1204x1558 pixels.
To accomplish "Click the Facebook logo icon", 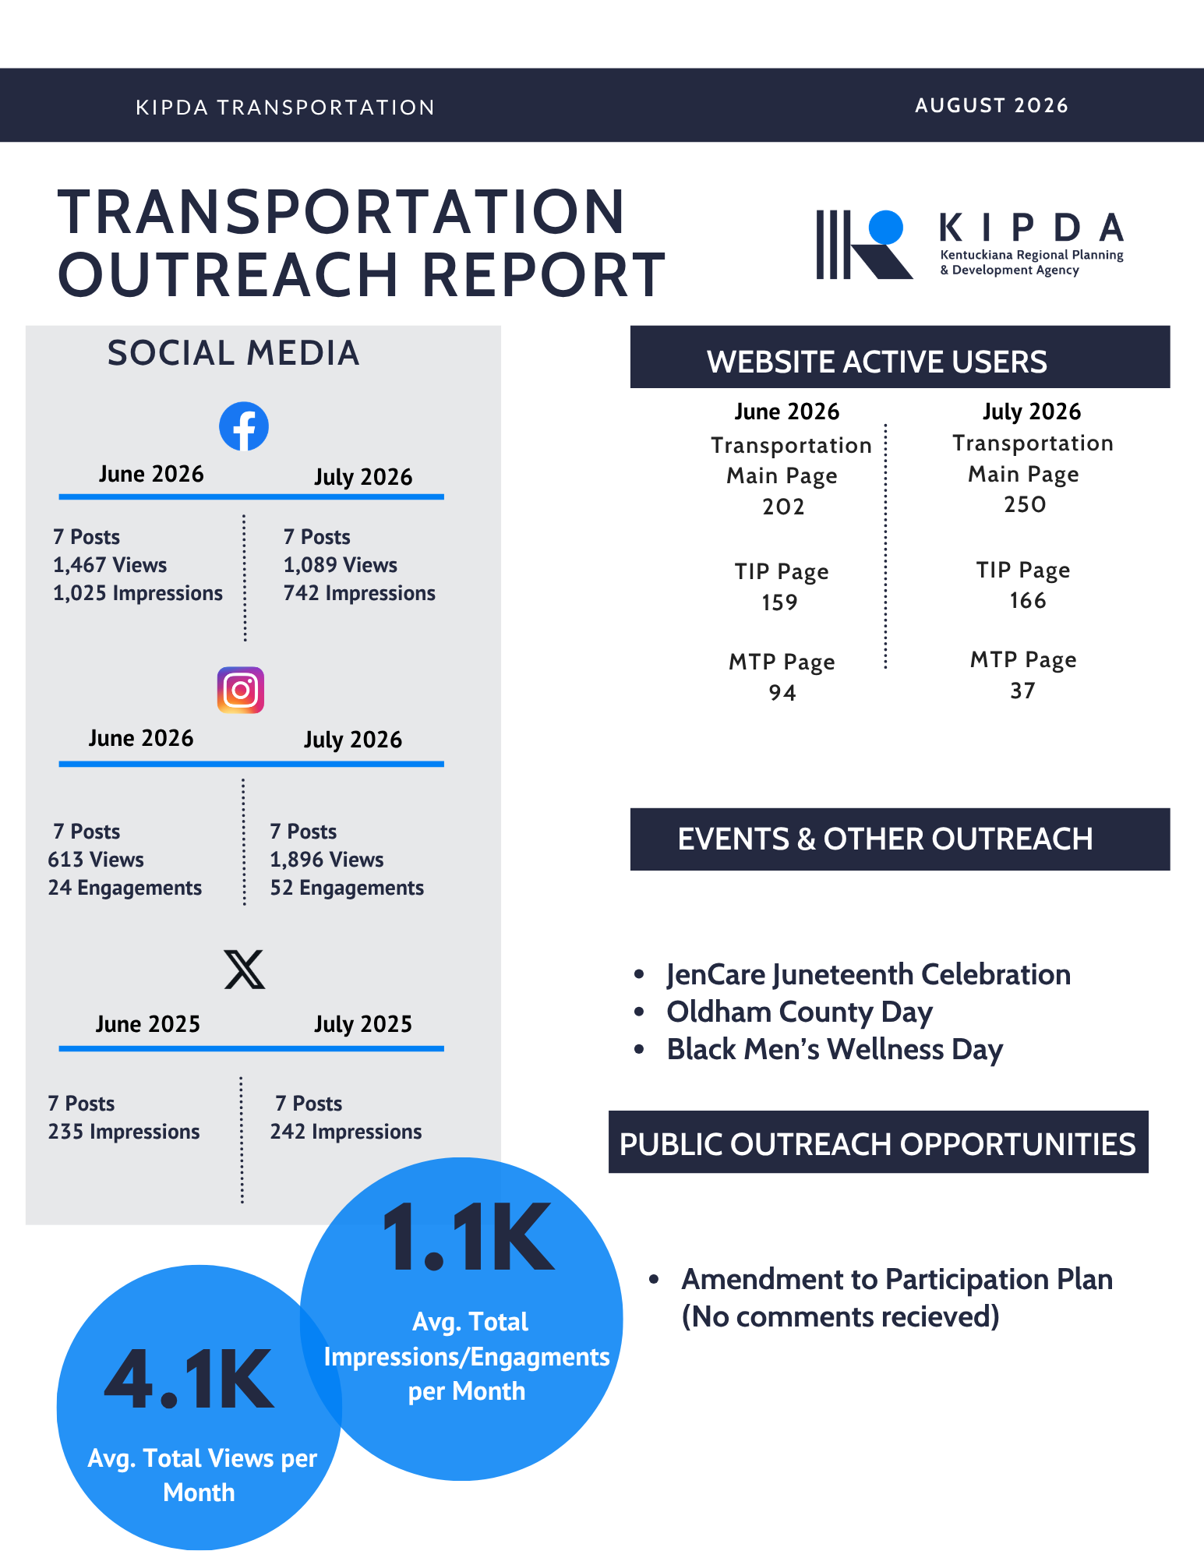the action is coord(244,426).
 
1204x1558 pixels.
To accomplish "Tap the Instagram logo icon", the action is coord(241,690).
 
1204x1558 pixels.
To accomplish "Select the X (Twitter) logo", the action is coord(245,969).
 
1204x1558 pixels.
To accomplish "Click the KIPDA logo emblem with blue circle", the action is coord(864,244).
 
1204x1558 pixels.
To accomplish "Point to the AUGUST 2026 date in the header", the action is coord(991,105).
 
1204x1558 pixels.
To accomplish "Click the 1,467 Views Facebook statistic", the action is coord(110,565).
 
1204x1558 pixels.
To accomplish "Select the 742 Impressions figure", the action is coord(359,593).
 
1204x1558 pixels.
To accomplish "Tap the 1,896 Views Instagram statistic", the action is coord(327,860).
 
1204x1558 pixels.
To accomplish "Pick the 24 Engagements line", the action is coord(125,888).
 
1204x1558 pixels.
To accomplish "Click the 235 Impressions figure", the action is coord(124,1132).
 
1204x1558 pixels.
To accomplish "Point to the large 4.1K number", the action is coord(189,1379).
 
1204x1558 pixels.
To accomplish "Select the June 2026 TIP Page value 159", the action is coord(780,602).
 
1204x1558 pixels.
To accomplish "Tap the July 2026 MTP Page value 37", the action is coord(1023,691).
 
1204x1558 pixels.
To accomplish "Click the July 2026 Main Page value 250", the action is coord(1025,504).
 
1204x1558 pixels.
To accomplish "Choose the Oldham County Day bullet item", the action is coord(800,1012).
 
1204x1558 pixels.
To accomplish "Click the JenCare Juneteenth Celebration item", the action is coord(869,974).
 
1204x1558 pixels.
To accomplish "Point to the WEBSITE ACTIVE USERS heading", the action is coord(877,362).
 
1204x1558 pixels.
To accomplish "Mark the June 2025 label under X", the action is coord(148,1023).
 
